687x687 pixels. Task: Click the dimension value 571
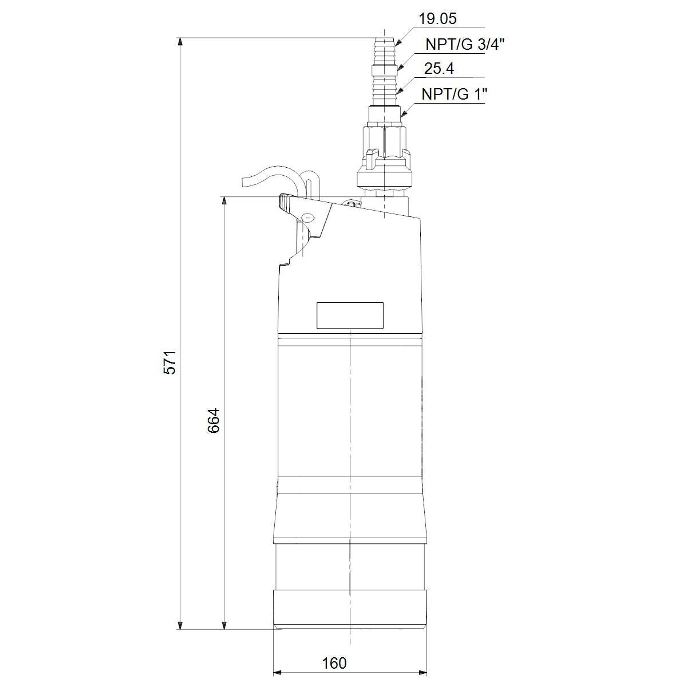tap(170, 361)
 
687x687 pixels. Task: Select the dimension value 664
tap(214, 420)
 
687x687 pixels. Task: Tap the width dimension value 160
tap(334, 663)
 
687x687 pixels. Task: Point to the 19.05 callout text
tap(437, 19)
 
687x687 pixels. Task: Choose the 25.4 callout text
tap(439, 69)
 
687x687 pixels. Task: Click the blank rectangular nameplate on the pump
tap(350, 315)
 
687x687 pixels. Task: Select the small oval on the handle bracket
tap(308, 218)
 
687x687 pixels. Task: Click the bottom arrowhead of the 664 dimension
tap(224, 625)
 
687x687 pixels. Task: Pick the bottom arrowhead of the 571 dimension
tap(180, 625)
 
